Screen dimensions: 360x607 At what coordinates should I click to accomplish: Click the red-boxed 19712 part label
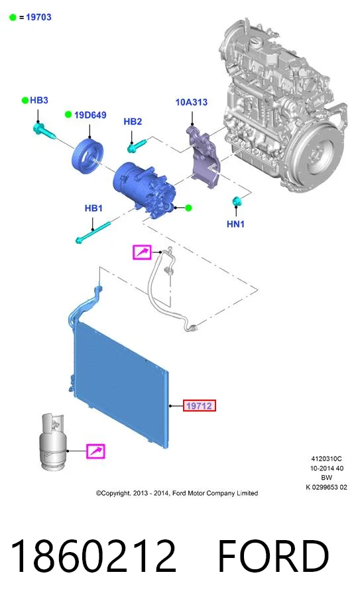pos(199,406)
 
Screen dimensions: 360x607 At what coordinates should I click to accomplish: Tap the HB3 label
pos(38,100)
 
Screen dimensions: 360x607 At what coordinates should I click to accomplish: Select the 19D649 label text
pos(90,115)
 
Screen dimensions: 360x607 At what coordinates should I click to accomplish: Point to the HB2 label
pos(133,121)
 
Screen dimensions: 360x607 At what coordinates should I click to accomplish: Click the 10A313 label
pos(192,102)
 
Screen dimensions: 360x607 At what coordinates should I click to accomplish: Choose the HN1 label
pos(235,224)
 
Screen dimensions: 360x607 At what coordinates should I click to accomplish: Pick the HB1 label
pos(93,208)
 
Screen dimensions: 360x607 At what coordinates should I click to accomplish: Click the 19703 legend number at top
pos(38,17)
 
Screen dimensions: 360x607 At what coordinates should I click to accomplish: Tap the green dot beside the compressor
pos(188,208)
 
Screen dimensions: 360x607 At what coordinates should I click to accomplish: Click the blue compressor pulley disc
pos(88,154)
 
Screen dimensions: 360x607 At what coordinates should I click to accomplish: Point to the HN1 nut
pos(236,201)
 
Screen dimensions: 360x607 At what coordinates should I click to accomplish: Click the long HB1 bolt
pos(93,233)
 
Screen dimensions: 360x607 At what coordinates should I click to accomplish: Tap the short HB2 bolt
pos(137,145)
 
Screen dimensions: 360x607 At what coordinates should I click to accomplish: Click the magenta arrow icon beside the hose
pos(142,252)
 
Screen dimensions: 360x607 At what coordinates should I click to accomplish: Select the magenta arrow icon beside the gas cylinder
pos(95,451)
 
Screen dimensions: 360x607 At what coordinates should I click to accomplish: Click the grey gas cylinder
pos(53,442)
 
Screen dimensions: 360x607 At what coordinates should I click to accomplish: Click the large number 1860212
pos(93,556)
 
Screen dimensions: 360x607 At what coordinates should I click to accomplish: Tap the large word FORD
pos(274,556)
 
